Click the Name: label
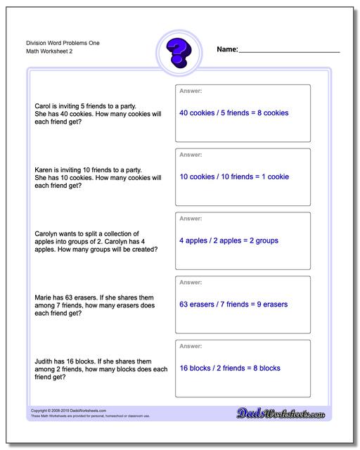click(227, 50)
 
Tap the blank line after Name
click(289, 51)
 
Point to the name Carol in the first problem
click(43, 105)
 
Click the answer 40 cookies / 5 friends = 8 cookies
click(233, 112)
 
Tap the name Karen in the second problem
click(44, 169)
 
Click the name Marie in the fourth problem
click(43, 298)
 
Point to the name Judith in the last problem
click(44, 361)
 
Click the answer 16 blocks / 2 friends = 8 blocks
click(230, 368)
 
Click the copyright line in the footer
click(61, 410)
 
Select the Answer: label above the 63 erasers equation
click(191, 283)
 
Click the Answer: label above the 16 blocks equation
click(191, 346)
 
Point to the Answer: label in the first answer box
click(191, 91)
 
